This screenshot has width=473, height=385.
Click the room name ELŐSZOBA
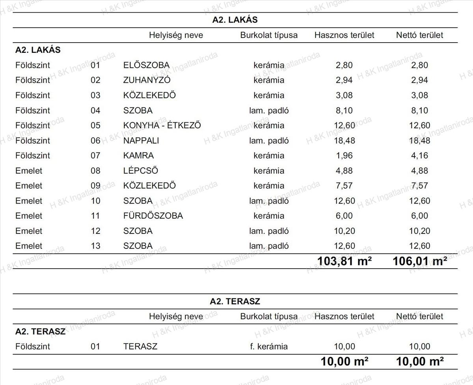coord(146,65)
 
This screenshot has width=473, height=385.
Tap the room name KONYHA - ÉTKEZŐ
coord(162,125)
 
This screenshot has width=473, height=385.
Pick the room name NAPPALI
coord(141,140)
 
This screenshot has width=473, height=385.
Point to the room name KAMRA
coord(138,155)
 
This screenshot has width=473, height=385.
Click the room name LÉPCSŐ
coord(140,171)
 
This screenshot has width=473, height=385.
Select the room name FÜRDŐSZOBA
coord(153,216)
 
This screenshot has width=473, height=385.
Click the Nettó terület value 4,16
coord(419,155)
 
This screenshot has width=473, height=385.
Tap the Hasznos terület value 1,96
coord(344,155)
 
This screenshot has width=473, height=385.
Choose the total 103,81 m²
coord(344,261)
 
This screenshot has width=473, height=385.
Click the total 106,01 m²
coord(419,261)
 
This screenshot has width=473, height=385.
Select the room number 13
coord(95,246)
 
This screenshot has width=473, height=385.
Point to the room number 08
coord(95,171)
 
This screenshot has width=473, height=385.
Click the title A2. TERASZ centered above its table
coord(235,301)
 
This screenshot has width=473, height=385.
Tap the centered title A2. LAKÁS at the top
coord(235,20)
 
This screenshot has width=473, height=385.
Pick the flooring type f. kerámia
coord(269,347)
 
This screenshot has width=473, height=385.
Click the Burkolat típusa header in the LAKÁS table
coord(269,35)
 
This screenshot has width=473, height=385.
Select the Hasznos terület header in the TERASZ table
coord(344,316)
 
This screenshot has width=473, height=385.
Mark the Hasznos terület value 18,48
coord(344,140)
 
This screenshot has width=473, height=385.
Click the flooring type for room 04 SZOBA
coord(269,110)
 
